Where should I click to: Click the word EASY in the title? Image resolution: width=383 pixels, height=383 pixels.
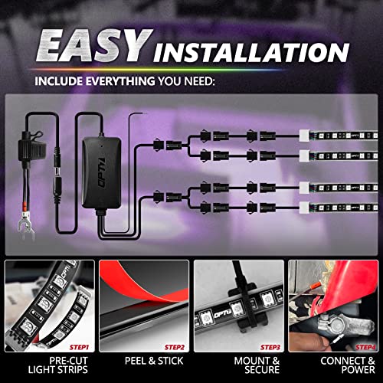[x=94, y=45]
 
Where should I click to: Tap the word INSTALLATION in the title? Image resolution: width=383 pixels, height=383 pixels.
[x=251, y=53]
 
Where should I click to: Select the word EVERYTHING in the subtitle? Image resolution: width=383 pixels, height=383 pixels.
[x=119, y=81]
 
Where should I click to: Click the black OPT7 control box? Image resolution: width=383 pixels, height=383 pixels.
[x=101, y=173]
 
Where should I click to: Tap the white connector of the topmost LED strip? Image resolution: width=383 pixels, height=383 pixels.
[x=304, y=136]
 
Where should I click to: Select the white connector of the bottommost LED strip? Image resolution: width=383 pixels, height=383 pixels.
[x=304, y=207]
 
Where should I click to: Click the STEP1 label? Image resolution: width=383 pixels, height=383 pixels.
[x=79, y=347]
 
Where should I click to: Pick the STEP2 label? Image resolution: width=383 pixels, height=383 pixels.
[x=175, y=347]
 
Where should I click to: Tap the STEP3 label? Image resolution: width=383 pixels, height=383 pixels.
[x=270, y=347]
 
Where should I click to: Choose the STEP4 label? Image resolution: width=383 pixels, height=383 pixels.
[x=365, y=347]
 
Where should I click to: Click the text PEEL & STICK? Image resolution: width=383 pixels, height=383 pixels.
[x=154, y=361]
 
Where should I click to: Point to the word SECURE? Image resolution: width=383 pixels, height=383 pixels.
[x=262, y=370]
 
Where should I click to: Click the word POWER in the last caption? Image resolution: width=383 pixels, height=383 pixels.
[x=358, y=370]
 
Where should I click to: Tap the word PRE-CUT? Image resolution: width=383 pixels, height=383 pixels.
[x=68, y=361]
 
